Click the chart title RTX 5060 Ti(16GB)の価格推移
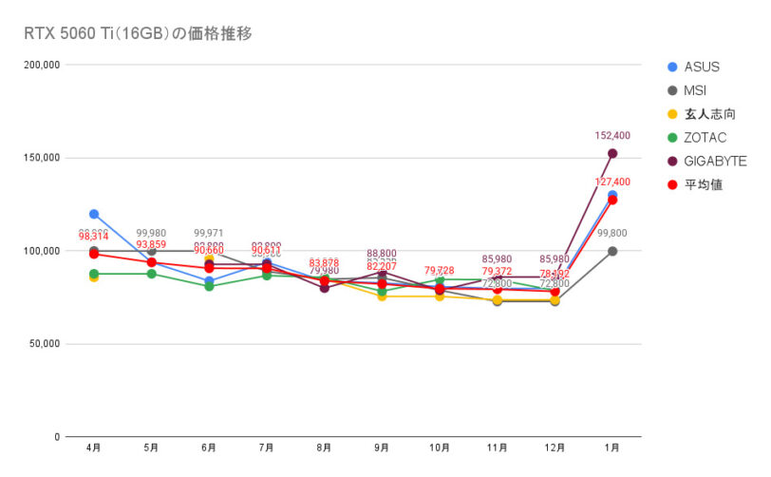[138, 33]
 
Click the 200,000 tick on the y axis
[41, 65]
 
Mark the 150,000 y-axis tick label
[41, 158]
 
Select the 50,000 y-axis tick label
[44, 344]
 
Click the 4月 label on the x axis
[94, 447]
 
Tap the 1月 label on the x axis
[612, 447]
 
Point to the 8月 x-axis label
[325, 447]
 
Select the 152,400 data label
[612, 136]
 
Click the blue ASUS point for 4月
[94, 214]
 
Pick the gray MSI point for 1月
[612, 251]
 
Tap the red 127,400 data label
[612, 181]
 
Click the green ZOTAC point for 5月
[152, 274]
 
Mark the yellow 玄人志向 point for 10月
[440, 296]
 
